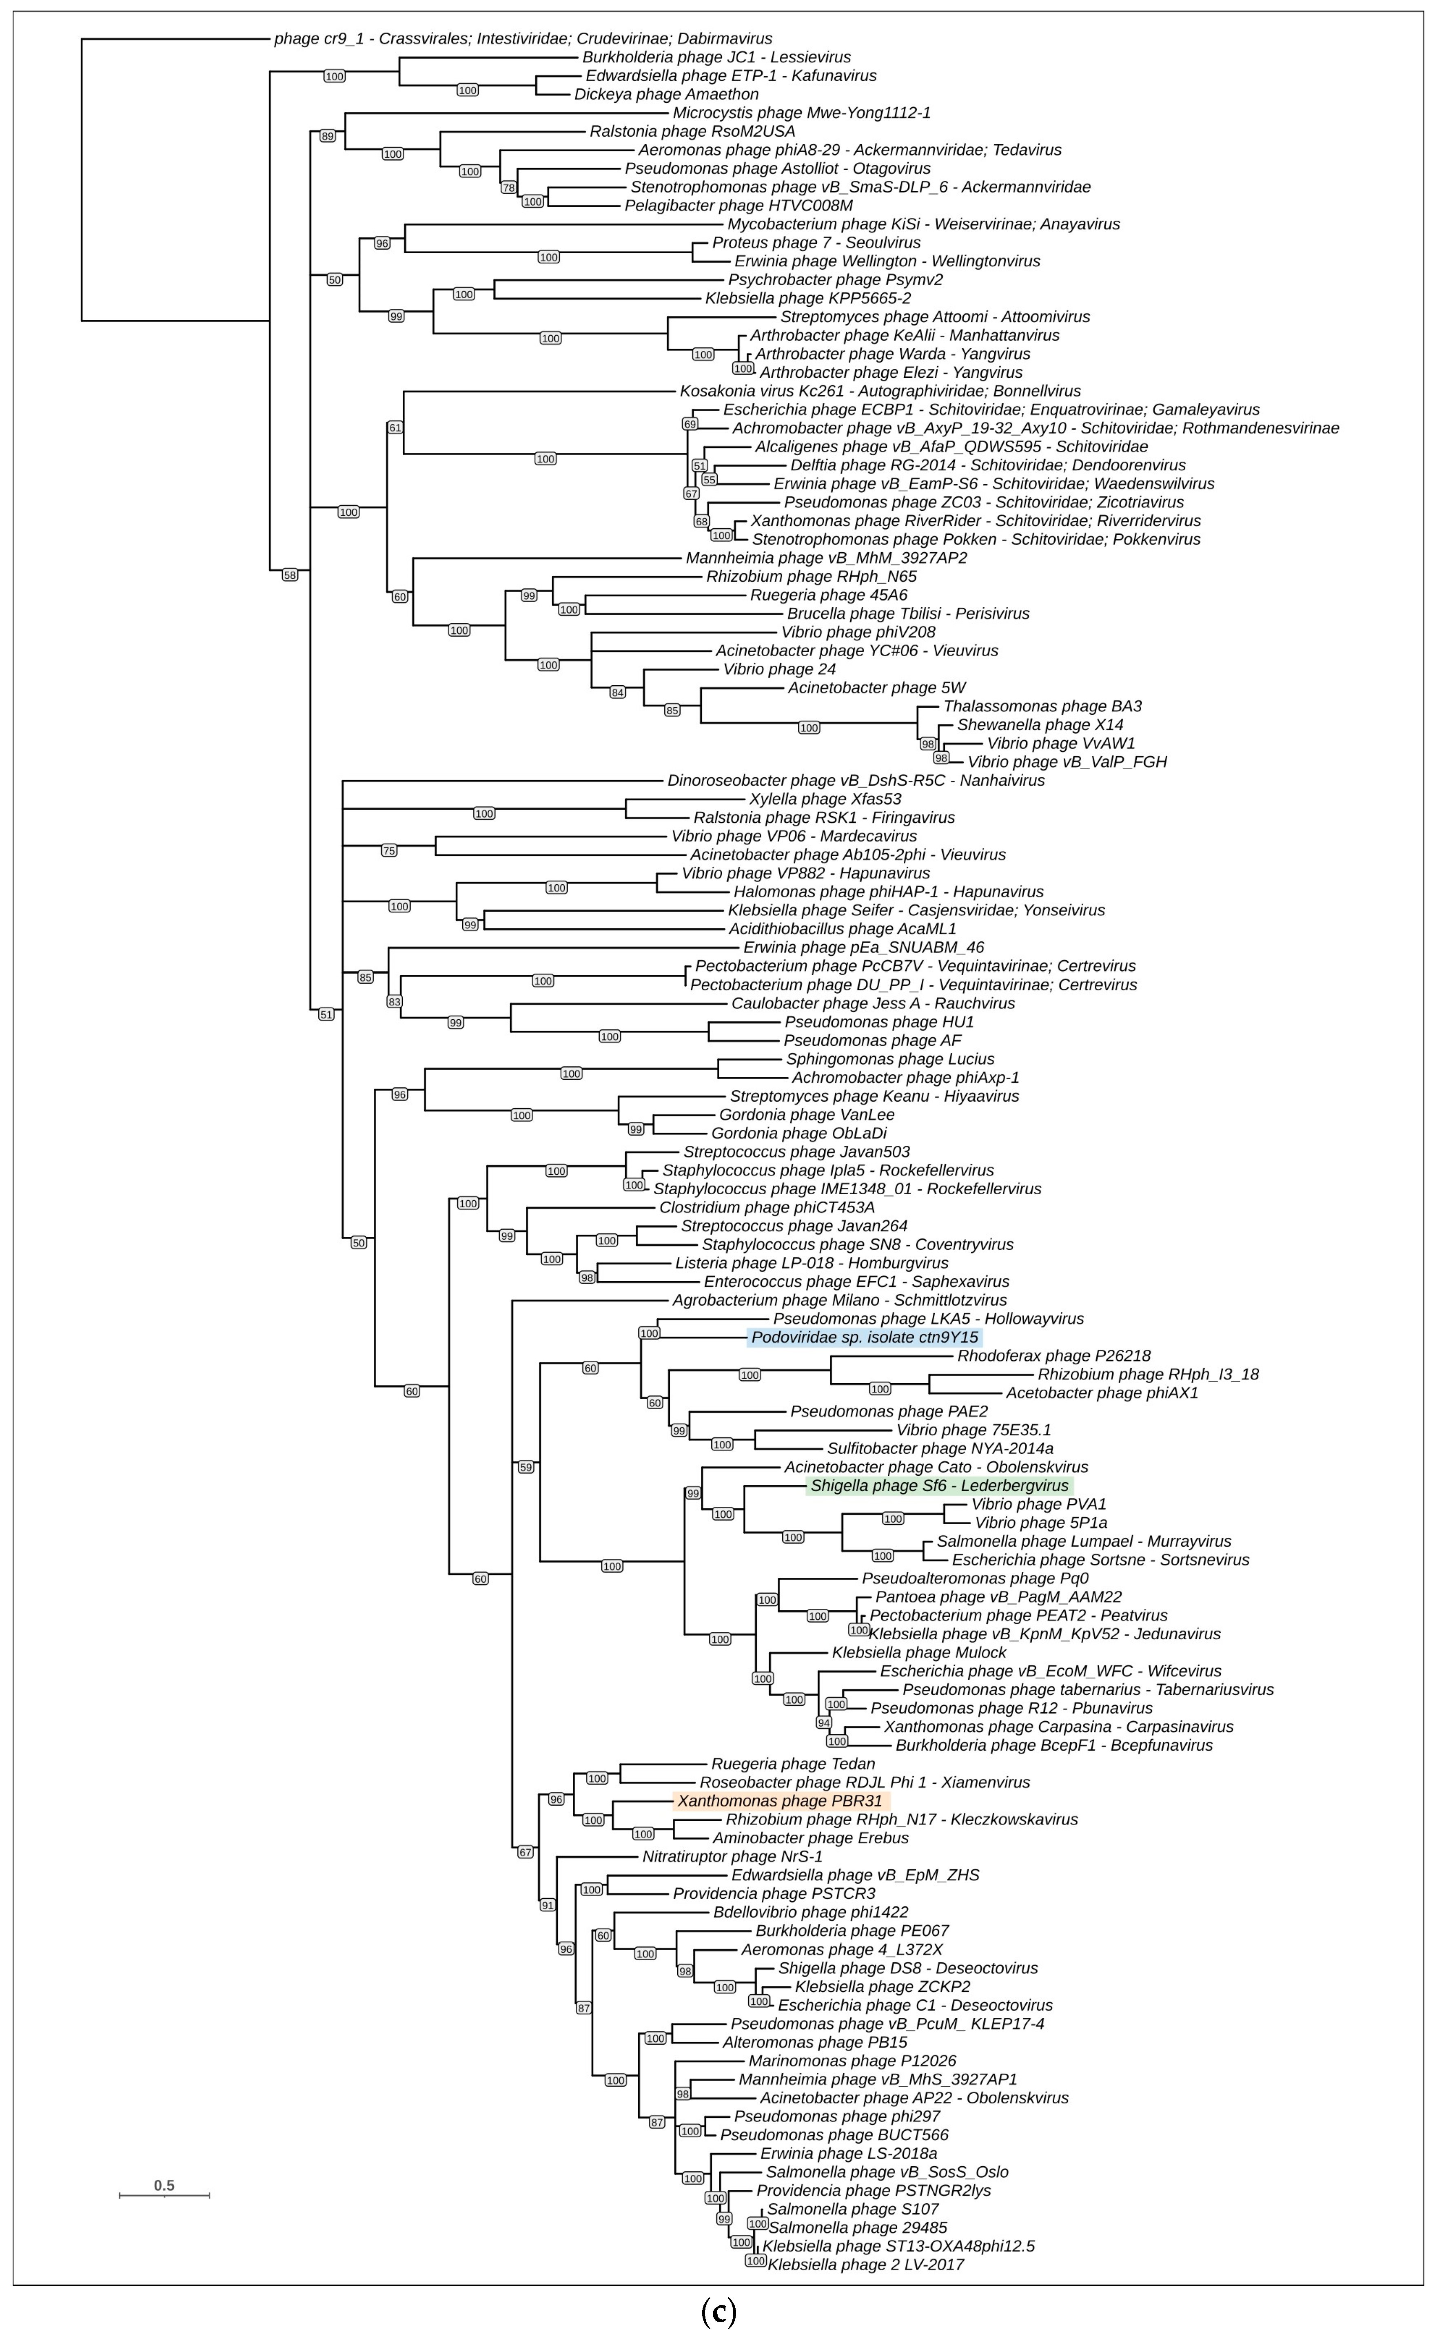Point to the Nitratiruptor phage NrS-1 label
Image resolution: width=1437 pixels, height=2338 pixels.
pyautogui.click(x=732, y=1856)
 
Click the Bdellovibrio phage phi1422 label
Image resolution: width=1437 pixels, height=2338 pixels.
pyautogui.click(x=810, y=1913)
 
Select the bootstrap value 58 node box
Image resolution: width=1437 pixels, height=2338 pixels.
pyautogui.click(x=290, y=575)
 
